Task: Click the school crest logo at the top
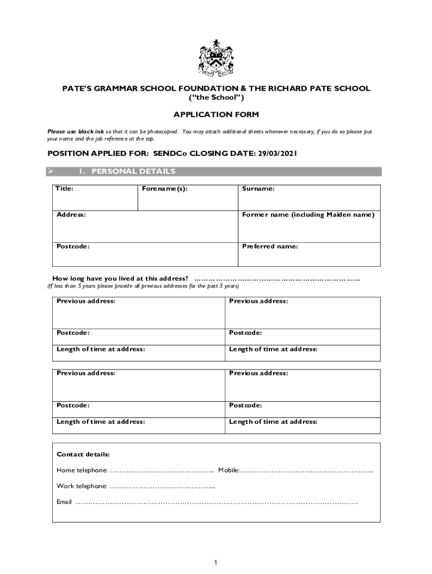pos(216,58)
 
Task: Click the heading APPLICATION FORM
pos(216,114)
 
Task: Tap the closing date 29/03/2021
pos(277,153)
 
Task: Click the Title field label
pos(65,189)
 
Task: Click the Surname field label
pos(258,189)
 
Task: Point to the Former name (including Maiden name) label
pos(308,215)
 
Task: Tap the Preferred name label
pos(270,246)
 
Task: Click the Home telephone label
pos(82,470)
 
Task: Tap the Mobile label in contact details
pos(229,470)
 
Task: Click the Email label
pos(64,502)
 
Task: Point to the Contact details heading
pos(83,454)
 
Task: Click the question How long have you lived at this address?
pos(120,279)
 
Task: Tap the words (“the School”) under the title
pos(216,98)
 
